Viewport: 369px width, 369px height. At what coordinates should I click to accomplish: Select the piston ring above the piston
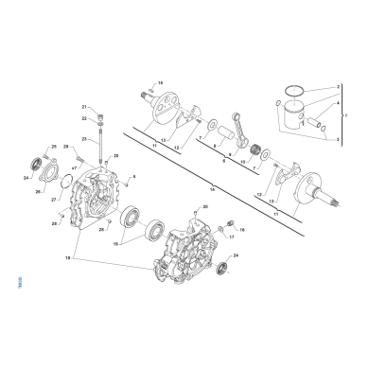pyautogui.click(x=294, y=92)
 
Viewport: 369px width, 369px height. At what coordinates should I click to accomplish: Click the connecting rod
pyautogui.click(x=236, y=131)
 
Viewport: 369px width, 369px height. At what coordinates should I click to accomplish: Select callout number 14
pyautogui.click(x=213, y=189)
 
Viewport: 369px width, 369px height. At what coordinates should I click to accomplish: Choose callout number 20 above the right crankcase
pyautogui.click(x=204, y=205)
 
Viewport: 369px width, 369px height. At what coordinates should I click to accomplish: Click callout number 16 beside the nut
pyautogui.click(x=240, y=229)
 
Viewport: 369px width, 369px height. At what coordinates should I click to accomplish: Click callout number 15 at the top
pyautogui.click(x=160, y=83)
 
